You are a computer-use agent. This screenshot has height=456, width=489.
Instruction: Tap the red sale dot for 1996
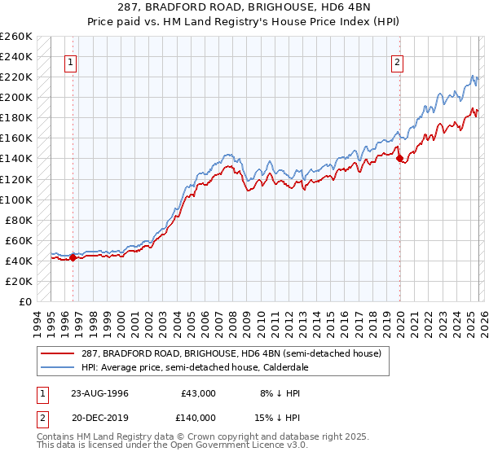click(73, 257)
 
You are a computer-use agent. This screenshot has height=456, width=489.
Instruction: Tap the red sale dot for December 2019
click(400, 159)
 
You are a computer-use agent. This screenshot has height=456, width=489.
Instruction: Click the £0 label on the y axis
click(24, 301)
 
